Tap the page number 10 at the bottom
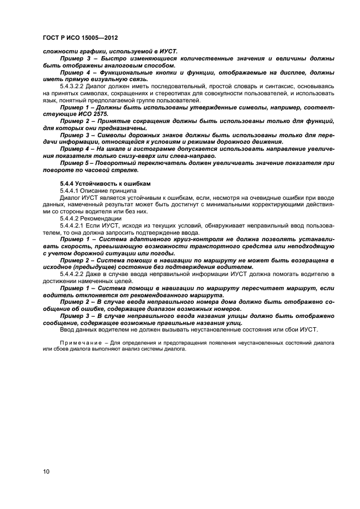[x=46, y=471]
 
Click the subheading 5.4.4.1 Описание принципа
[x=94, y=191]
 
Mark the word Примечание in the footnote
[x=78, y=343]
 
